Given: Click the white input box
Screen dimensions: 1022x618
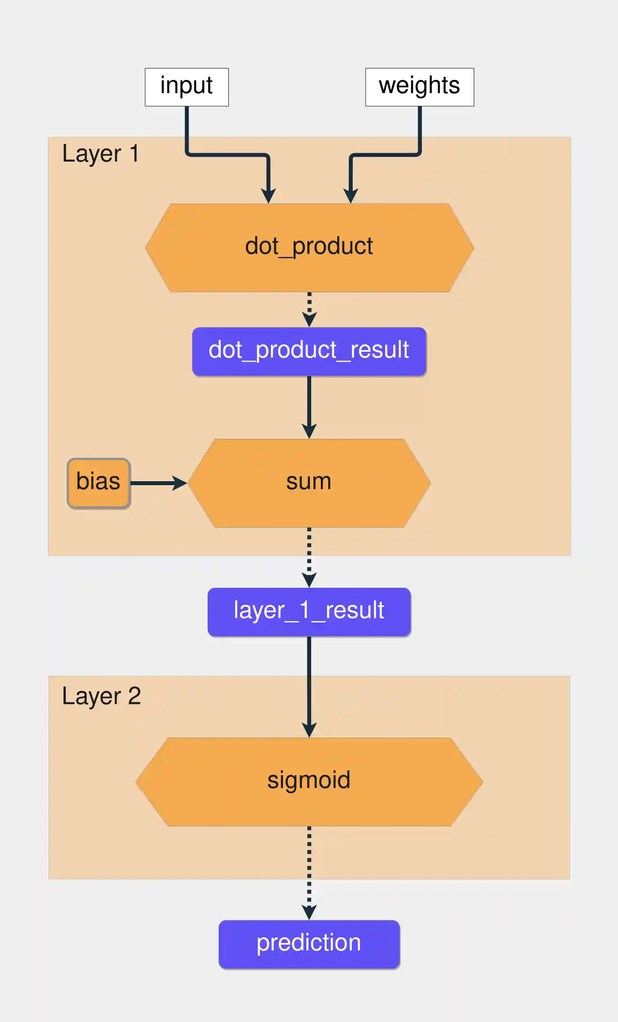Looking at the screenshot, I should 187,87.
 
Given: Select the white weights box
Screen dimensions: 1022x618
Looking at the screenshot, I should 419,87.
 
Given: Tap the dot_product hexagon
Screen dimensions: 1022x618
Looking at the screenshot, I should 309,247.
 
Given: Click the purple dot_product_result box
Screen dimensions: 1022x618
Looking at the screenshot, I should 309,351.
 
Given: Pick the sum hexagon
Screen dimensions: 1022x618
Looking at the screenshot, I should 309,483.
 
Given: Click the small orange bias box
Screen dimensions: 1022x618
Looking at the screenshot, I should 98,483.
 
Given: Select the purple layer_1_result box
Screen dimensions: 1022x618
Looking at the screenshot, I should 309,612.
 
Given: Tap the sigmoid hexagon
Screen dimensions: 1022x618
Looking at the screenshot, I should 309,781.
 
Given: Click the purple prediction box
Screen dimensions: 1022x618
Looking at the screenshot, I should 309,944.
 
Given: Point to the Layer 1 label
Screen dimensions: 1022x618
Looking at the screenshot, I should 101,154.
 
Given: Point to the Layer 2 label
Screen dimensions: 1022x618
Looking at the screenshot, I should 101,696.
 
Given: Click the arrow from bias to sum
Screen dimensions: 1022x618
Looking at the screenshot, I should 157,483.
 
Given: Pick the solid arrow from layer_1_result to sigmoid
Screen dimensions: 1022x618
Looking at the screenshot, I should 309,684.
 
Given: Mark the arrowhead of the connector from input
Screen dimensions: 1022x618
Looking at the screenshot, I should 268,196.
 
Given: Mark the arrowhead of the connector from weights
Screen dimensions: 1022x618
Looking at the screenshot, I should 350,196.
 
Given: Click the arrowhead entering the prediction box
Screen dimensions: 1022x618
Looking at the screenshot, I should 309,912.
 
